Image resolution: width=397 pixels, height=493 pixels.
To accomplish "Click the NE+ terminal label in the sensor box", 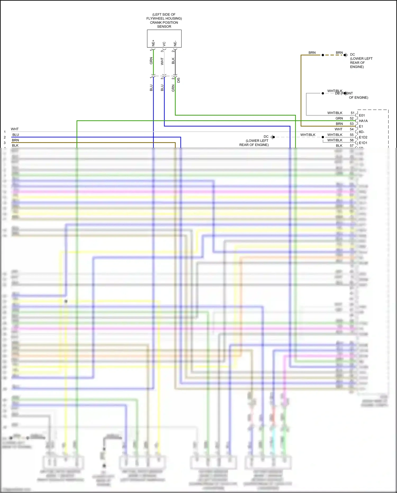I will click(153, 43).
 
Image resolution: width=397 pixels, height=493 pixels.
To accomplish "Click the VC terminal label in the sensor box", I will click(164, 44).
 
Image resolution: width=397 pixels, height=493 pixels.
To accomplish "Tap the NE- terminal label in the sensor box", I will click(175, 43).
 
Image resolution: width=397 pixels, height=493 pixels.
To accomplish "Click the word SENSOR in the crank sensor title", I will click(164, 26).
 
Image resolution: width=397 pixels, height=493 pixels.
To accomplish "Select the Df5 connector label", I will click(179, 80).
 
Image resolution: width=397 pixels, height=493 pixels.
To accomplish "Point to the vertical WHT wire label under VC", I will click(162, 61).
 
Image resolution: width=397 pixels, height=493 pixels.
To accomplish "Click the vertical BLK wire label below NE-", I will click(173, 61).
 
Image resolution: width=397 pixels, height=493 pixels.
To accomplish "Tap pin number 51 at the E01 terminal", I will click(353, 113).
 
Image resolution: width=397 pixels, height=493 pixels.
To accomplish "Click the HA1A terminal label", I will click(363, 121).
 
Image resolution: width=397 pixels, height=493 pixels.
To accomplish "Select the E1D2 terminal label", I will click(363, 137).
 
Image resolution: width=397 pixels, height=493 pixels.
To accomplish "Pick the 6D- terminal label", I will click(362, 132).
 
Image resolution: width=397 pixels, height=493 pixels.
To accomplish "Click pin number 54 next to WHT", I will click(352, 129).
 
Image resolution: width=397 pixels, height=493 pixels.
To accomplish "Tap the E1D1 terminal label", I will click(363, 143).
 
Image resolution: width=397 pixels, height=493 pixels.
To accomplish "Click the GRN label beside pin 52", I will click(339, 118).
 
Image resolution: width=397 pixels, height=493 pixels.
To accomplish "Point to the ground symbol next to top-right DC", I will click(346, 55).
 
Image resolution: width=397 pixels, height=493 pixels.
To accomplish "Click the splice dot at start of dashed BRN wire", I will click(323, 55).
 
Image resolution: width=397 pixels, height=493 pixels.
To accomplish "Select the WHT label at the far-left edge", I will click(15, 129).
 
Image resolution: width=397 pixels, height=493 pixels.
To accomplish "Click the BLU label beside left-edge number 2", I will click(16, 135).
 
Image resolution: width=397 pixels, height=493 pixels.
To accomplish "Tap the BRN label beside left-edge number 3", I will click(15, 140).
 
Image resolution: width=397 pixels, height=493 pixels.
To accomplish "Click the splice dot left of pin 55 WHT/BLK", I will click(323, 137).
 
